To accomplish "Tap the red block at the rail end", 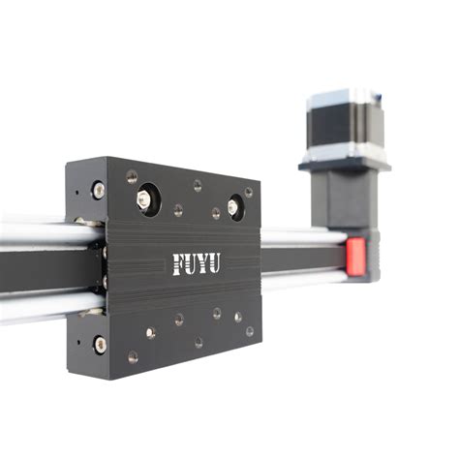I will click(x=355, y=256).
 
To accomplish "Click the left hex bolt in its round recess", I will click(x=144, y=199).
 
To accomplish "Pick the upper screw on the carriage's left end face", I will click(x=99, y=191).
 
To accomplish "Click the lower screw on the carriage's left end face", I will click(x=101, y=343).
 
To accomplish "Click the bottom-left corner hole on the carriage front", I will click(x=133, y=356).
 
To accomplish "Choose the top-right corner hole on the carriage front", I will click(x=249, y=192).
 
